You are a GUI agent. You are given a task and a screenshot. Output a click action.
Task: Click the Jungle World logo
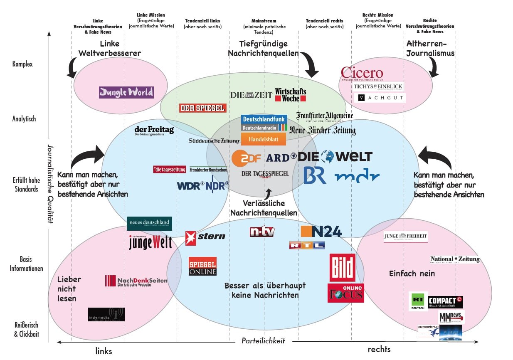coord(126,92)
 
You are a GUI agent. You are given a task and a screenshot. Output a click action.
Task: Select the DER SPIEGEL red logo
coord(203,108)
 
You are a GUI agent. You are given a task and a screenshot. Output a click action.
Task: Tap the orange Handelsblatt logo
coord(264,139)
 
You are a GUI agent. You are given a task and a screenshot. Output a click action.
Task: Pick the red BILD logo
coord(343,267)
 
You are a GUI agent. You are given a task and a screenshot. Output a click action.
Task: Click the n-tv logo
coord(262,232)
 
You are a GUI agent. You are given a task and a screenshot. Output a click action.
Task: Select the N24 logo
coord(321,232)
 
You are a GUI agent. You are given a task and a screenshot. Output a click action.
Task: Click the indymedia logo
coord(106,314)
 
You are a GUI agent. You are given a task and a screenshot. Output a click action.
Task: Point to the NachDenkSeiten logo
coord(136,281)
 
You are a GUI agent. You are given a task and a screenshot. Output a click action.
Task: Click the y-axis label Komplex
coord(22,64)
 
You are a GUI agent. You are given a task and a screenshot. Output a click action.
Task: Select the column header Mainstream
coord(264,21)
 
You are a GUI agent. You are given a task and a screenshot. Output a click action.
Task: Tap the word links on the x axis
coord(104,351)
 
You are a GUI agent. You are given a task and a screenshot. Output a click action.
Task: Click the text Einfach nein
coord(412,274)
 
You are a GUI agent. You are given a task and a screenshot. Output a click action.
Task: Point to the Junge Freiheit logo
coord(405,237)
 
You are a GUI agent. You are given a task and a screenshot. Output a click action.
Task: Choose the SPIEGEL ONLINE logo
coord(202,266)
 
